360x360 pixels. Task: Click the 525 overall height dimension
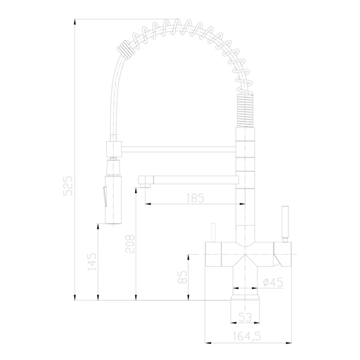68,186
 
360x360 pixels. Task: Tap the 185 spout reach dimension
195,198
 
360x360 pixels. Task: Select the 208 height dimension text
130,244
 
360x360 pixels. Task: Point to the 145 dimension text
93,261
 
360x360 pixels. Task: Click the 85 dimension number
183,277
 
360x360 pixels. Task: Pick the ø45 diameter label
273,282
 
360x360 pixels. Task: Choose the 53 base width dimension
245,317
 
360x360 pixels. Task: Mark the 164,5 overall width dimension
247,336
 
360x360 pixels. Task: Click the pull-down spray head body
113,199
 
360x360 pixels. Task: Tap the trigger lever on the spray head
105,197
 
